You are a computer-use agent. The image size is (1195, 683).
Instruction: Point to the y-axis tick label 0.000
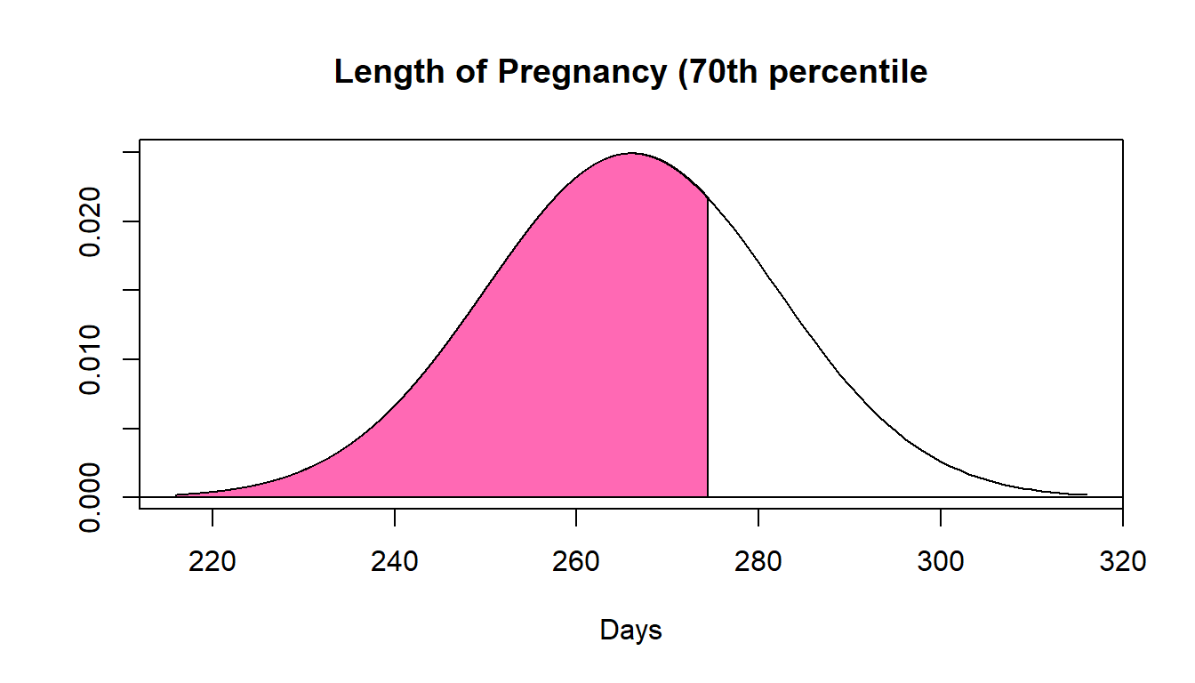tap(92, 497)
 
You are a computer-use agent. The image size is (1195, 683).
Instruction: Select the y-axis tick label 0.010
tap(92, 359)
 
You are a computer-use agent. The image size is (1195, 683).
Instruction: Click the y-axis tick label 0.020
tap(92, 221)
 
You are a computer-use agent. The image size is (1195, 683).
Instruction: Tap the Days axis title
tap(631, 631)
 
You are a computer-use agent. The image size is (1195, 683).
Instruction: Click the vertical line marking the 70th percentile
tap(708, 356)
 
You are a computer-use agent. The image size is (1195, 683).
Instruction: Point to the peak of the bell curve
tap(631, 153)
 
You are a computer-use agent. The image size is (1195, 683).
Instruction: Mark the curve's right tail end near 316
tap(1086, 494)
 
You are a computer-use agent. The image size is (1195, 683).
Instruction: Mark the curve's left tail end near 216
tap(177, 494)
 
